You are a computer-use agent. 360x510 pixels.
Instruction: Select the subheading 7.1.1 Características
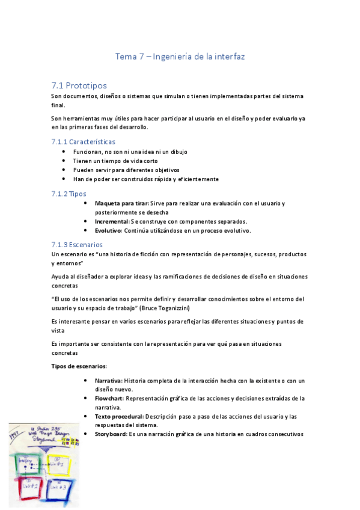pos(83,141)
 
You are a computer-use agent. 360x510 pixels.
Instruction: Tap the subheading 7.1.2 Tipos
pos(69,194)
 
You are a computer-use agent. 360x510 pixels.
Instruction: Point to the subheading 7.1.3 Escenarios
pos(77,245)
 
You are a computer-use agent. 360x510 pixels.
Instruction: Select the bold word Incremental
pos(112,221)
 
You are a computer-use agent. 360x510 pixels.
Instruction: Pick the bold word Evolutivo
pos(108,230)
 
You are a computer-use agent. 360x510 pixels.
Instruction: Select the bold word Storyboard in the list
pos(111,434)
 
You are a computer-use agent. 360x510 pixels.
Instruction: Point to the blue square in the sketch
pos(61,490)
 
